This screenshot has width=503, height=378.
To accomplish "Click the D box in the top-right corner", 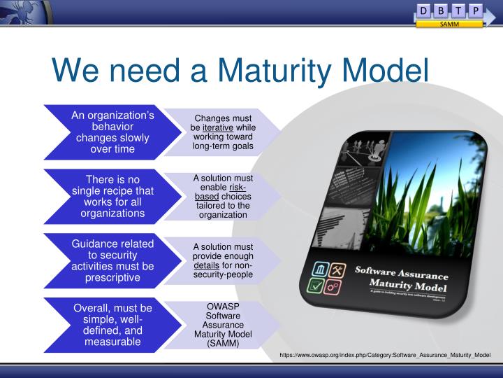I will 424,10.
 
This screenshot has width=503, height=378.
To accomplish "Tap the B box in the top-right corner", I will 441,10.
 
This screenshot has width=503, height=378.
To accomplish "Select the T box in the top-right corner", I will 458,10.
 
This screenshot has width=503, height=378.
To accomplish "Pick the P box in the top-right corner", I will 475,10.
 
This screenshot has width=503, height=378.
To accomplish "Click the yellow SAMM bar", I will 449,24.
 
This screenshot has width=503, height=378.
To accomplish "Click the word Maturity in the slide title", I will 279,70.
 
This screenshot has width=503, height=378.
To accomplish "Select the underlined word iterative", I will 218,127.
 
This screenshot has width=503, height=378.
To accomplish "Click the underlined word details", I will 207,266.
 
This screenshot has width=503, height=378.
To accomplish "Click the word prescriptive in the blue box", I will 112,278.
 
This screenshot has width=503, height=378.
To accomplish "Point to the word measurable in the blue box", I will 112,342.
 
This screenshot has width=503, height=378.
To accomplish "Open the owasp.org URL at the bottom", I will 385,356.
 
